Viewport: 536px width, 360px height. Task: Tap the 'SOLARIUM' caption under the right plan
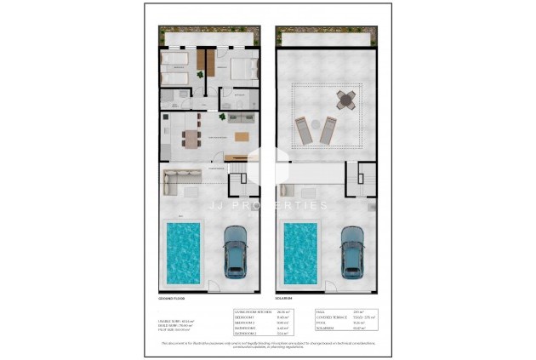pyautogui.click(x=283, y=299)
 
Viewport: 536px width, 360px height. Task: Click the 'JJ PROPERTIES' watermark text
pyautogui.click(x=268, y=205)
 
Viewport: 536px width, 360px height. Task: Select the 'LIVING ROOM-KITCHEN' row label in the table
pyautogui.click(x=253, y=312)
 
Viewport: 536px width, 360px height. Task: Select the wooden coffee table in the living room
pyautogui.click(x=242, y=137)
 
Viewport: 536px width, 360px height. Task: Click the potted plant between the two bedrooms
pyautogui.click(x=201, y=76)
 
